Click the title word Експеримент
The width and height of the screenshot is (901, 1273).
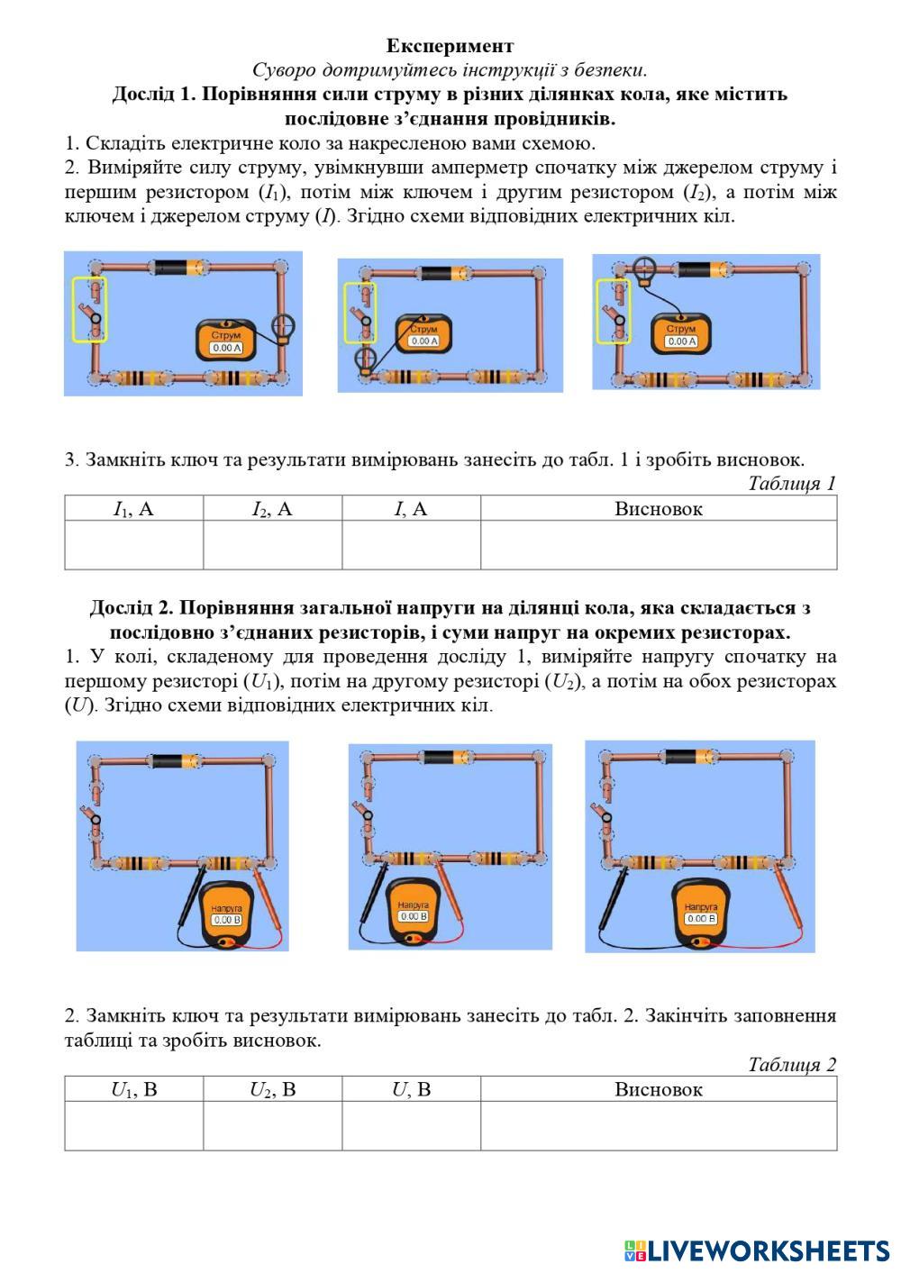450,46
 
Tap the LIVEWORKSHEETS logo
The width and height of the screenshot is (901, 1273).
757,1250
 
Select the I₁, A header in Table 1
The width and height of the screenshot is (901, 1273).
133,509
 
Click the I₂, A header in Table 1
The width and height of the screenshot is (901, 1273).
272,509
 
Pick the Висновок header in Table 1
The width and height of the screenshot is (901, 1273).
658,509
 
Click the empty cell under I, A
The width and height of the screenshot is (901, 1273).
411,545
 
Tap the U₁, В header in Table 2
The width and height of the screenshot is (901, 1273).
133,1089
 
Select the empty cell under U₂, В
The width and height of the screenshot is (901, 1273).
272,1125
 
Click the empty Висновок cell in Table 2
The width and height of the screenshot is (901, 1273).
658,1125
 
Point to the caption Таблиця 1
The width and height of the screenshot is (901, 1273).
791,484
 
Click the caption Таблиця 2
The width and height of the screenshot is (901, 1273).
791,1065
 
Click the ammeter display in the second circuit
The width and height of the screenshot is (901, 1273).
423,341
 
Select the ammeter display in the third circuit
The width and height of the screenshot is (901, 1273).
680,341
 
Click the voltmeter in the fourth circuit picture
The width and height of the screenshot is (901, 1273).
227,915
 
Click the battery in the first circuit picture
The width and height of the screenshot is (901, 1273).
177,267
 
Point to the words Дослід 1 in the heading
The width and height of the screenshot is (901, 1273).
159,95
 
